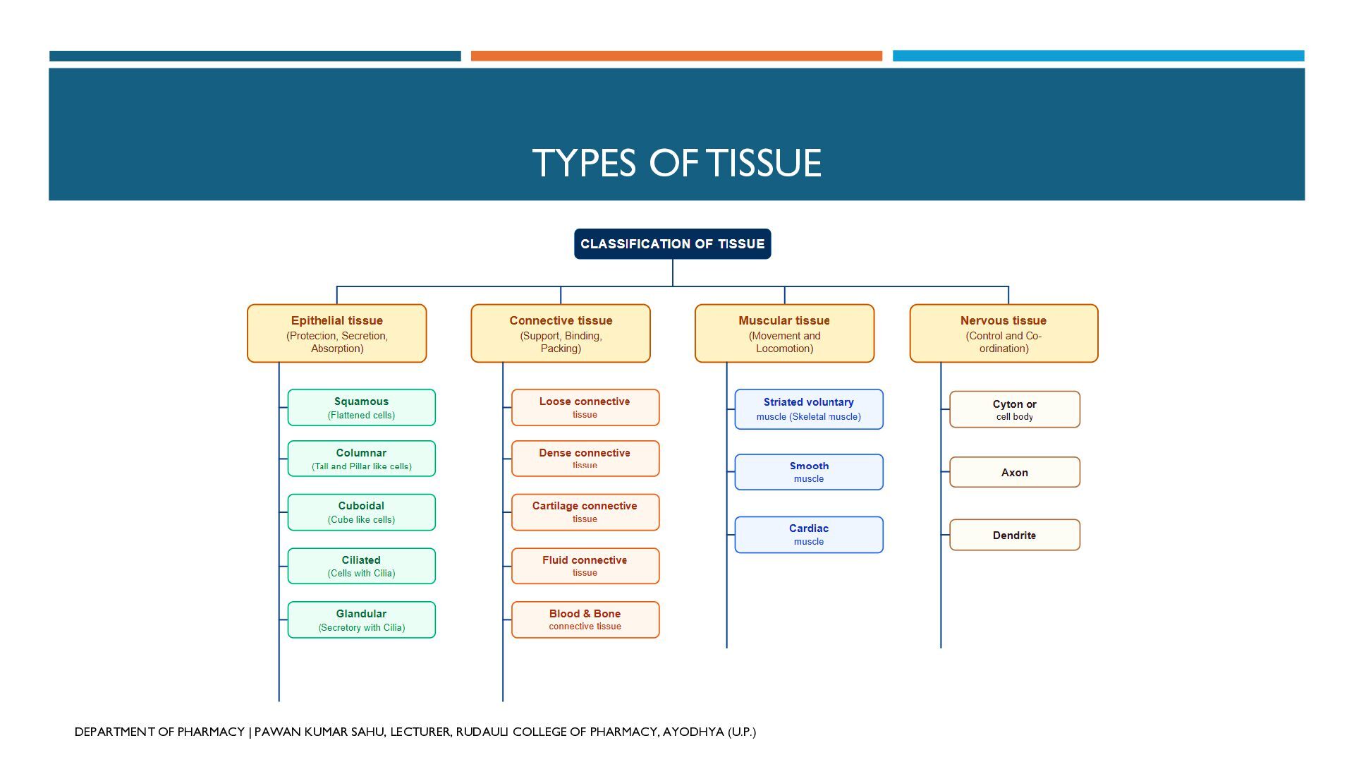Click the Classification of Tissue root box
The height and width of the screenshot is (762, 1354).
pyautogui.click(x=672, y=244)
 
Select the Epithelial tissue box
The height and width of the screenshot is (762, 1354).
pyautogui.click(x=337, y=334)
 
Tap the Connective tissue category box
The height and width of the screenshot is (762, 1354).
pyautogui.click(x=561, y=334)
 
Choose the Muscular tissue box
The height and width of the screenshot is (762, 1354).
pyautogui.click(x=784, y=334)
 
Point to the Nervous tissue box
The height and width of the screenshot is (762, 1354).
pyautogui.click(x=1004, y=334)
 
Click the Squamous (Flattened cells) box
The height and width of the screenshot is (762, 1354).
pyautogui.click(x=362, y=408)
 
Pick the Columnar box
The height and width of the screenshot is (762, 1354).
pyautogui.click(x=362, y=459)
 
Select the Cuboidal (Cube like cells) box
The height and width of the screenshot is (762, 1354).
pyautogui.click(x=362, y=512)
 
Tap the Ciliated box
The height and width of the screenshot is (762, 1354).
pyautogui.click(x=362, y=566)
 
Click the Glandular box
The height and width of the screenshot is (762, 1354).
pyautogui.click(x=362, y=619)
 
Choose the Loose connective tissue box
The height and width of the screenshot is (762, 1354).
pyautogui.click(x=585, y=408)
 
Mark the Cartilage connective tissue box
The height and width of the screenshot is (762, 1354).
pyautogui.click(x=585, y=512)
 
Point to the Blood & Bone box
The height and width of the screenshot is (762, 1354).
pyautogui.click(x=585, y=619)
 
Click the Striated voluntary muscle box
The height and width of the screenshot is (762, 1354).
pyautogui.click(x=809, y=409)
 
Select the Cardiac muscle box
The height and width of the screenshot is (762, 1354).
pyautogui.click(x=809, y=535)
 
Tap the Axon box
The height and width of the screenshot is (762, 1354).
pyautogui.click(x=1015, y=472)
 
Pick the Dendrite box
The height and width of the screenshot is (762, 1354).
pyautogui.click(x=1015, y=535)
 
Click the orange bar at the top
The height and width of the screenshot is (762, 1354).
pyautogui.click(x=676, y=56)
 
